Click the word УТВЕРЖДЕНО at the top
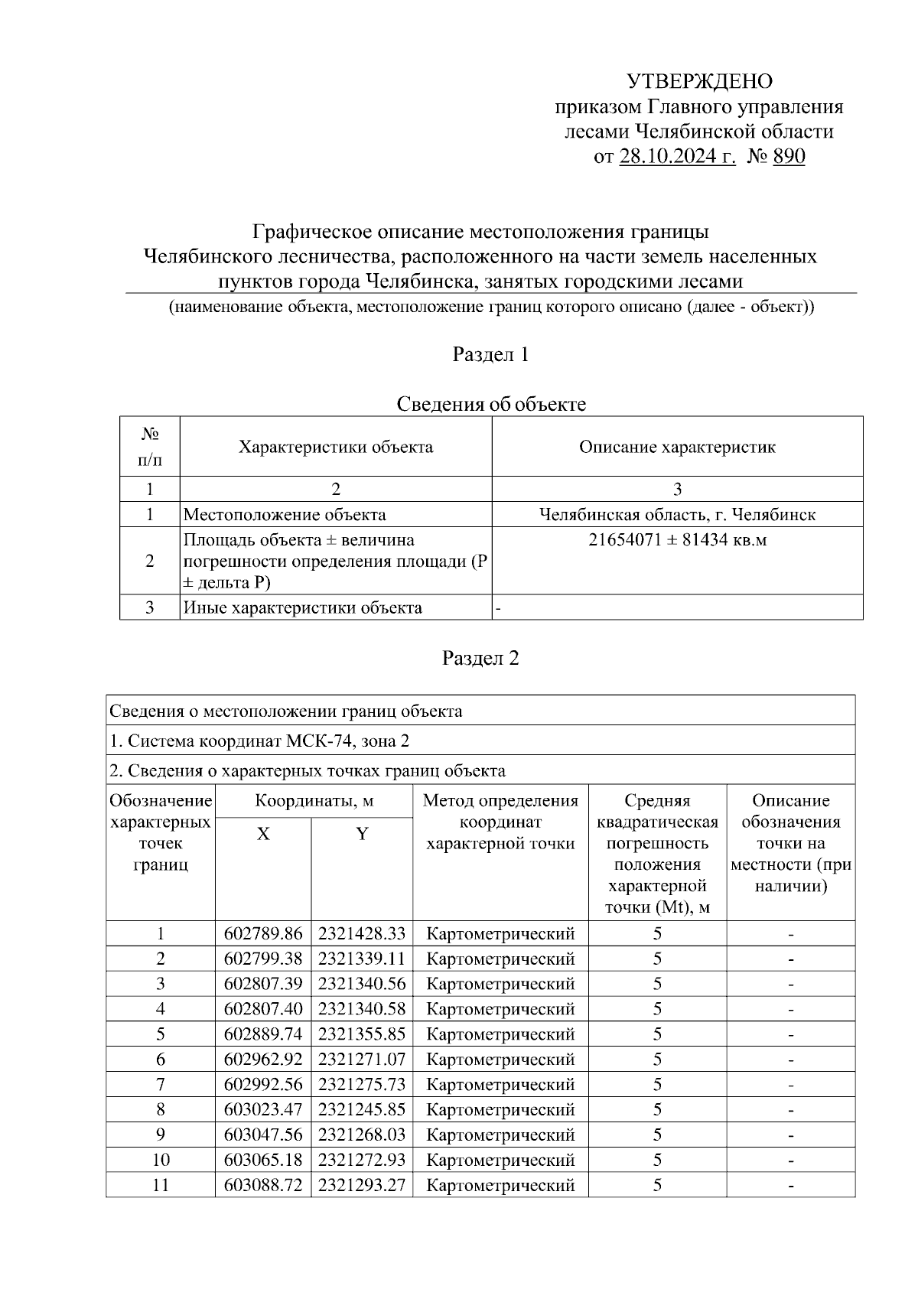pyautogui.click(x=699, y=81)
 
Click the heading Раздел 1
pyautogui.click(x=490, y=355)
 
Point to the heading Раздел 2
pyautogui.click(x=480, y=658)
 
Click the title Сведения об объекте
pyautogui.click(x=490, y=404)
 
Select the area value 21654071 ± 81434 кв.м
pyautogui.click(x=677, y=540)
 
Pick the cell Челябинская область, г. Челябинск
pyautogui.click(x=677, y=514)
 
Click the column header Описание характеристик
pyautogui.click(x=677, y=447)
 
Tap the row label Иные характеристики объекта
pyautogui.click(x=303, y=607)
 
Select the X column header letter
pyautogui.click(x=263, y=834)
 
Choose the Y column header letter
pyautogui.click(x=362, y=834)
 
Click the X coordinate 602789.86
pyautogui.click(x=263, y=933)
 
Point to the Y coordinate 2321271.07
pyautogui.click(x=362, y=1060)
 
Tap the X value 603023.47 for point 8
pyautogui.click(x=263, y=1109)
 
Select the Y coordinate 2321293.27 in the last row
pyautogui.click(x=362, y=1185)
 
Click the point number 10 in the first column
pyautogui.click(x=161, y=1160)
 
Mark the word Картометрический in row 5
pyautogui.click(x=500, y=1034)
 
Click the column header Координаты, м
pyautogui.click(x=314, y=801)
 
